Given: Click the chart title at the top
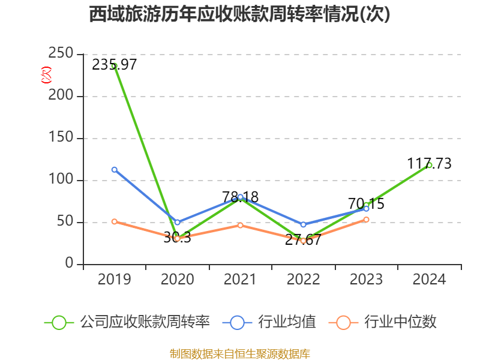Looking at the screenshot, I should (239, 14).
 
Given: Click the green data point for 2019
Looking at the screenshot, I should (114, 66).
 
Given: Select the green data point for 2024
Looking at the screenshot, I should (429, 165).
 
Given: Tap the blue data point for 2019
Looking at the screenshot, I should (114, 169).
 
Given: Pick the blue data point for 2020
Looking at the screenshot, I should (177, 222).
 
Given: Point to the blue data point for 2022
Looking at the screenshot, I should (303, 224).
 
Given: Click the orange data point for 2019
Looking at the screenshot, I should (114, 221).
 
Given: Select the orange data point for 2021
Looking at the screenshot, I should (240, 225).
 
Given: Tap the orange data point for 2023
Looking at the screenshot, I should (366, 219).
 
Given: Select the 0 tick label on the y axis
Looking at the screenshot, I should (70, 264).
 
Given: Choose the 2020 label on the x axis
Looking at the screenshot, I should (177, 280).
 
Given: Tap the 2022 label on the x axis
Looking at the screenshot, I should (303, 280).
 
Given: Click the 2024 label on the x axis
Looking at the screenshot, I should (429, 280).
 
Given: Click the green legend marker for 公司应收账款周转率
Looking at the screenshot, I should (59, 322).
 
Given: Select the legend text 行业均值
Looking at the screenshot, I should (287, 322).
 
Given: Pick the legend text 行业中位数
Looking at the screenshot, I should (400, 322).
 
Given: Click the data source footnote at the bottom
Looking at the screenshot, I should (239, 353).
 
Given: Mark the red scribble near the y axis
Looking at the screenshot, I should (46, 75).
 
